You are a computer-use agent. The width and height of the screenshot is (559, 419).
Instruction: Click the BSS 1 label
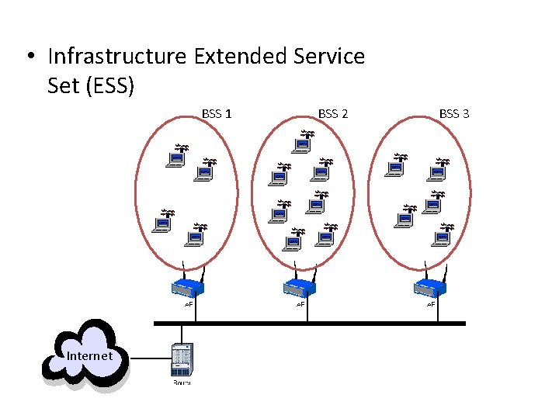pyautogui.click(x=217, y=114)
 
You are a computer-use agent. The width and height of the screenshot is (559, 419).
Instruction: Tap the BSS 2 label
pyautogui.click(x=333, y=114)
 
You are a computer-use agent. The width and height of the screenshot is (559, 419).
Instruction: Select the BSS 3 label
pyautogui.click(x=454, y=114)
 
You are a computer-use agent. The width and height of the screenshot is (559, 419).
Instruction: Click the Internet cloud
pyautogui.click(x=86, y=355)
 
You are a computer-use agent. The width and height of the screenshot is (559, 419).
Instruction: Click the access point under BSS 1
pyautogui.click(x=187, y=287)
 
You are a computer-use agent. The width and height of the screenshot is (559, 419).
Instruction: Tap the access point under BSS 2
pyautogui.click(x=300, y=287)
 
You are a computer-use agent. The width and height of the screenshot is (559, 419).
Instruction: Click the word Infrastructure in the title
pyautogui.click(x=116, y=57)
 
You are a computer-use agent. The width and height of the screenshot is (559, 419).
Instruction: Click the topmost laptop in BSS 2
pyautogui.click(x=303, y=144)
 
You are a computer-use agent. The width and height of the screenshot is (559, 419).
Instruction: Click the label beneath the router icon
pyautogui.click(x=182, y=383)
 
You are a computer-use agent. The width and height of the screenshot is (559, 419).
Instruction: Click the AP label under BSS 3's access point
pyautogui.click(x=431, y=304)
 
